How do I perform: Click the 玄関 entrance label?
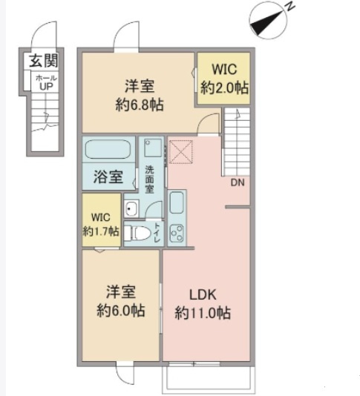[x=44, y=61]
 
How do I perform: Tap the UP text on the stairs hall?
[x=46, y=87]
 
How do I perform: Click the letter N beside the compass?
[x=290, y=5]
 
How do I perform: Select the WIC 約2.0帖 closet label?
[x=224, y=79]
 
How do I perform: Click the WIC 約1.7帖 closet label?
[x=101, y=224]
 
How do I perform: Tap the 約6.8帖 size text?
[x=140, y=105]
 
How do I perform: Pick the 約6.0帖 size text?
[x=121, y=311]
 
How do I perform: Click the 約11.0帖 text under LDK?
[x=203, y=313]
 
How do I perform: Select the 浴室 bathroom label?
[x=108, y=176]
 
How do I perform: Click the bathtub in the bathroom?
[x=108, y=149]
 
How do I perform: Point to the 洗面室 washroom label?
[x=149, y=179]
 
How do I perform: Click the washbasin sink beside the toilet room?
[x=131, y=208]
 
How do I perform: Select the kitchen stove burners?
[x=177, y=234]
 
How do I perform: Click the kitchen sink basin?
[x=177, y=202]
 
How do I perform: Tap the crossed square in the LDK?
[x=181, y=152]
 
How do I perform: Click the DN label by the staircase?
[x=238, y=182]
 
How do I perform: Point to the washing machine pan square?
[x=153, y=148]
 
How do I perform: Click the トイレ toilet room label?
[x=157, y=233]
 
